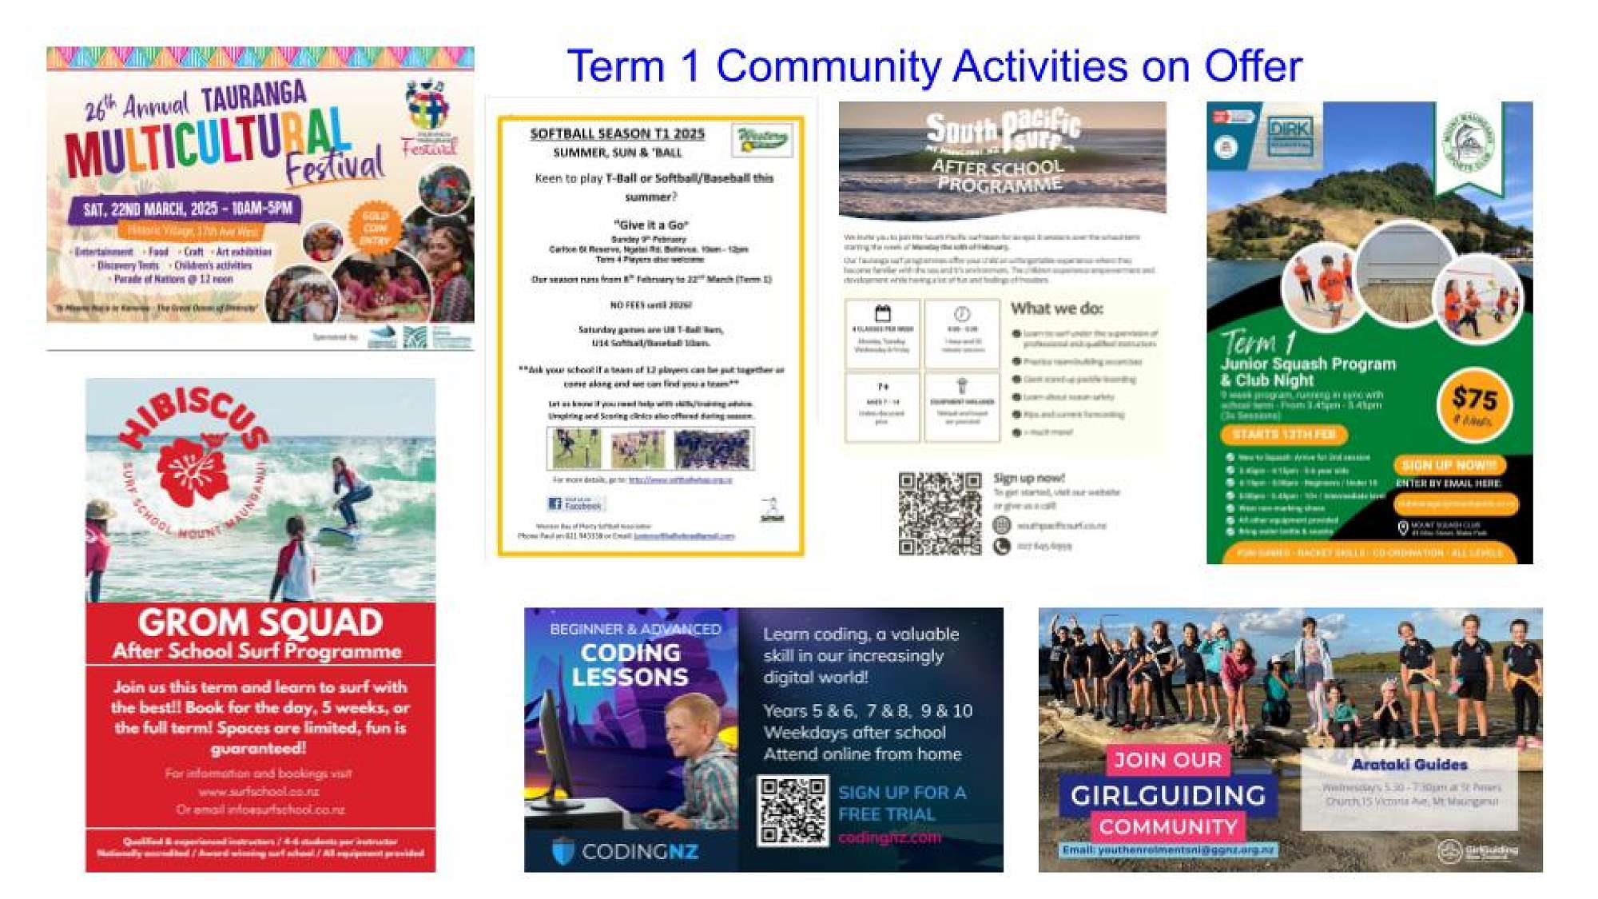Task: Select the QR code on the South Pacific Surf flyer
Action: (x=940, y=513)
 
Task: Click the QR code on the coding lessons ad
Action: (x=793, y=811)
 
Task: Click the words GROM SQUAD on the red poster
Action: (x=260, y=623)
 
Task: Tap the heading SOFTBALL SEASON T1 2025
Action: (x=617, y=133)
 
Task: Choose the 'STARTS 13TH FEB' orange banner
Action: (x=1283, y=434)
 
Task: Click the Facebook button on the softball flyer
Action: (x=575, y=504)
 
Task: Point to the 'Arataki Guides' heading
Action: (x=1409, y=765)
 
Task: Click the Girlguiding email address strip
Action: (x=1167, y=849)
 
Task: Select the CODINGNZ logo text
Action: (x=639, y=852)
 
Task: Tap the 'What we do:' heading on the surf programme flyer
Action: (x=1056, y=308)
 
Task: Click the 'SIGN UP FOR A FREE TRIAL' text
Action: (x=901, y=803)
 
